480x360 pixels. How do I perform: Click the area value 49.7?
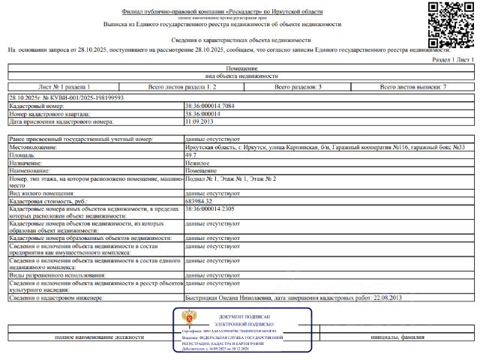(191, 154)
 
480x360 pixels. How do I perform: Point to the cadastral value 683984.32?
(199, 201)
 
